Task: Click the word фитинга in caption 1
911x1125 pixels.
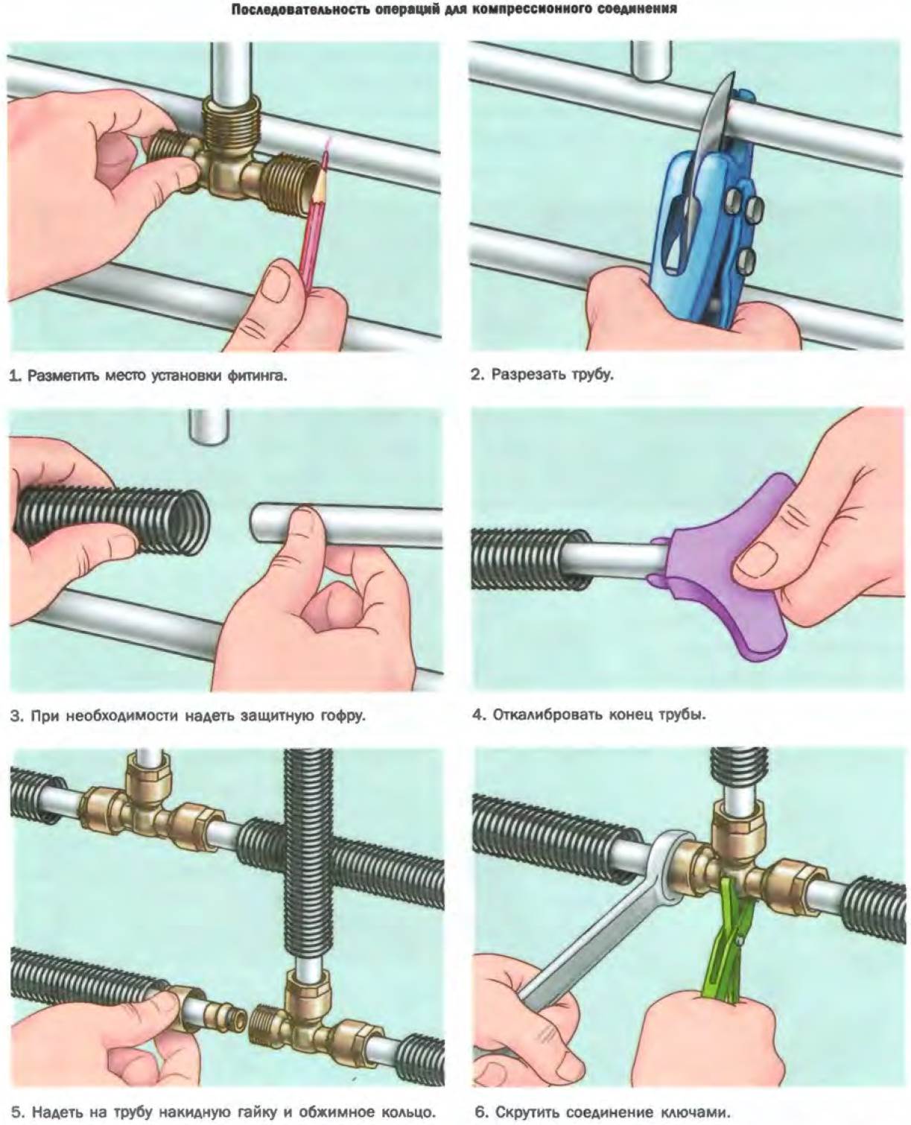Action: [x=257, y=376]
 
